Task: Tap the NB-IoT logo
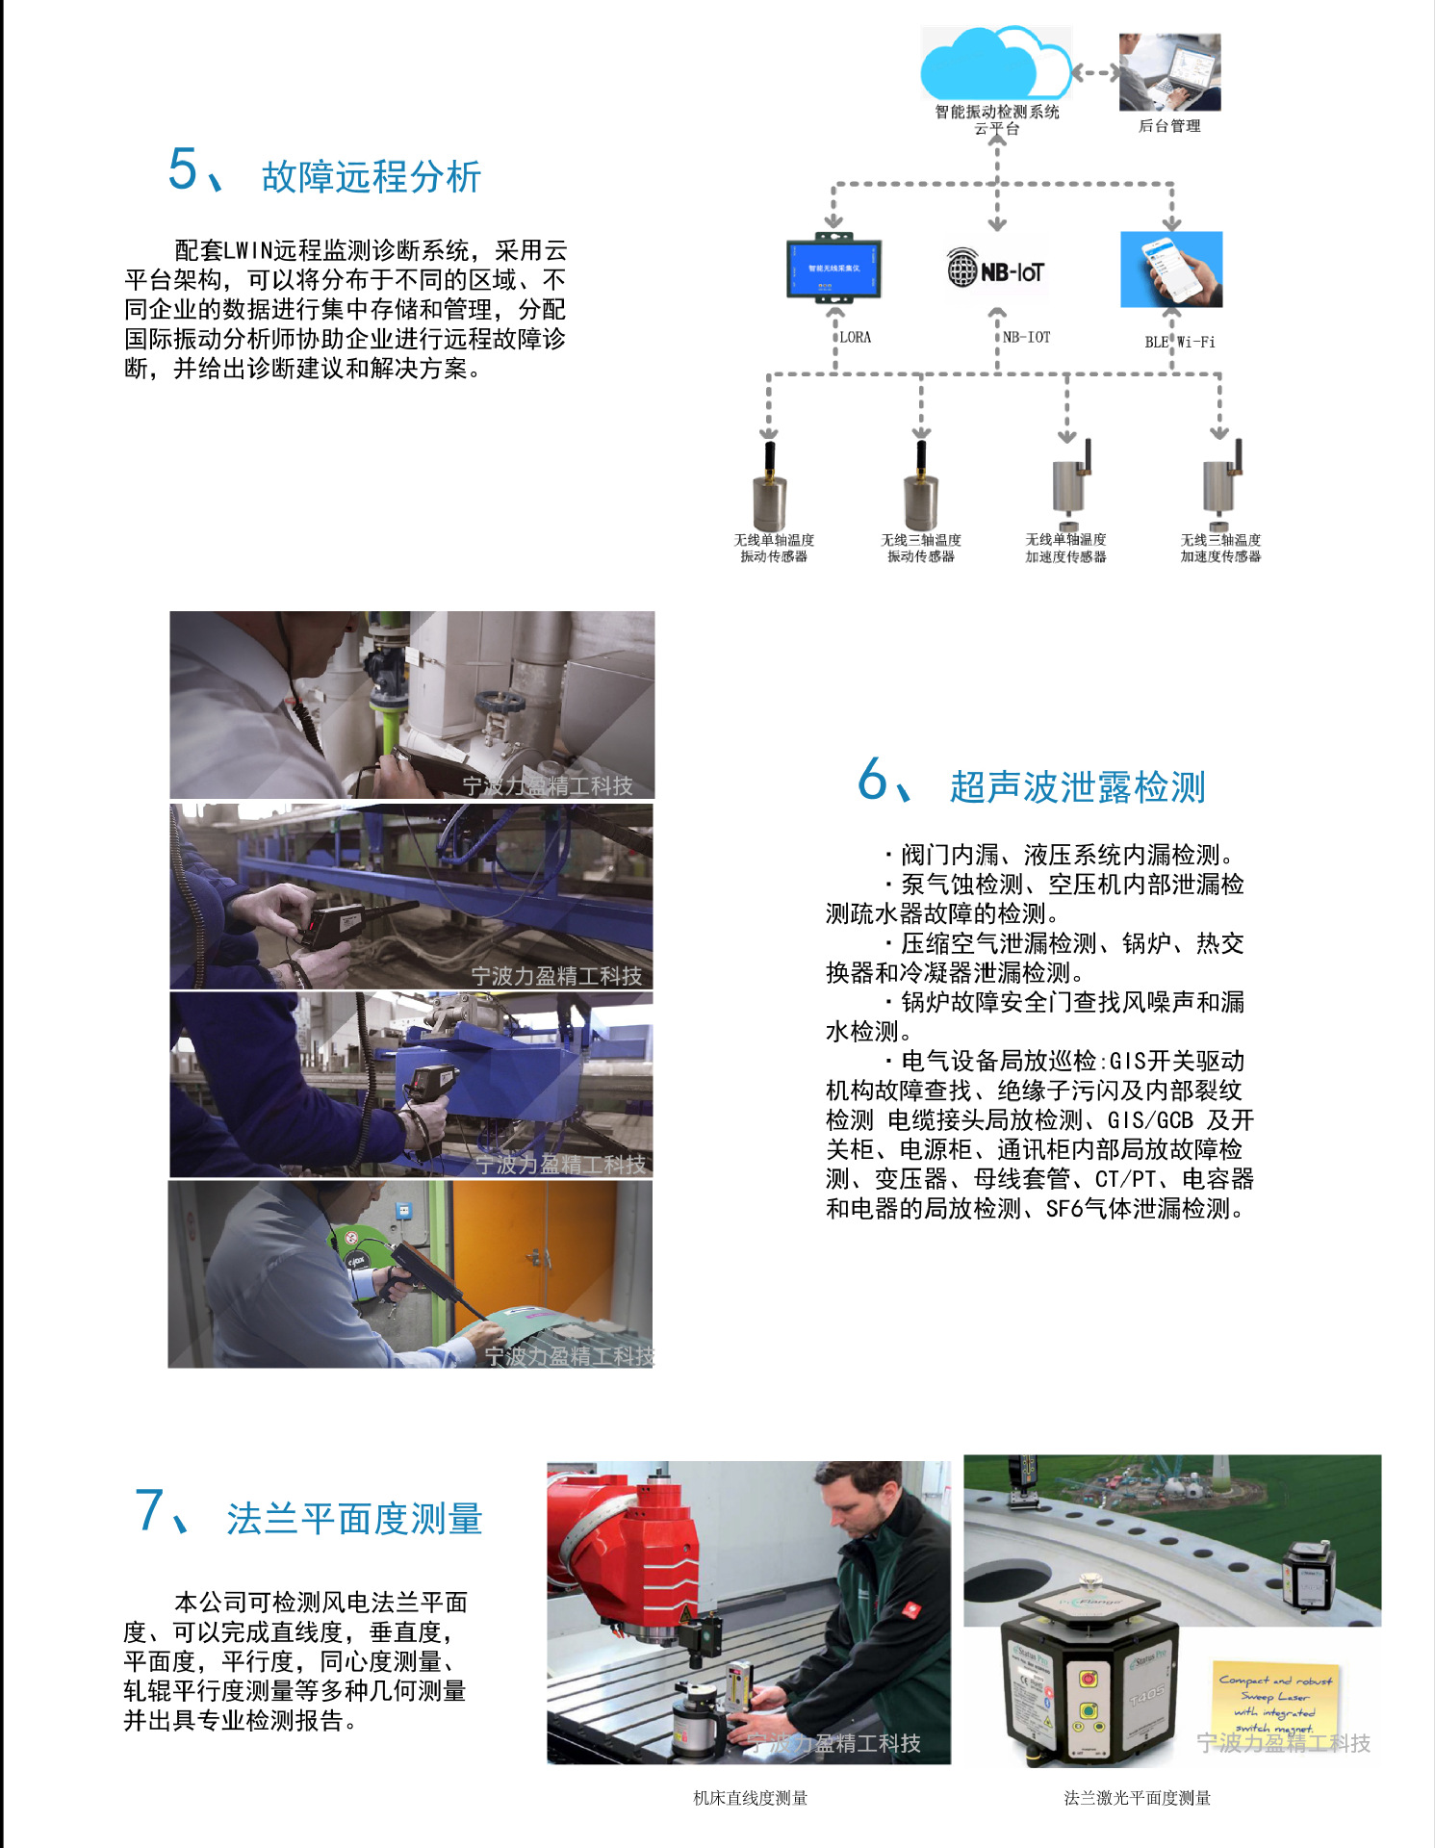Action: point(996,270)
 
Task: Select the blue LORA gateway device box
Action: point(833,269)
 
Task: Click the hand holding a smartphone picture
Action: point(1171,269)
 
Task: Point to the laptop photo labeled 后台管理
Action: point(1169,73)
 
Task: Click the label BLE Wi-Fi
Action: point(1179,342)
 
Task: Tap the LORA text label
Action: point(855,337)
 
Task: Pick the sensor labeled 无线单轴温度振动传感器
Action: point(769,486)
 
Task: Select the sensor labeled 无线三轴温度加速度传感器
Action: point(1220,481)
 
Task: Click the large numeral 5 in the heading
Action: point(183,169)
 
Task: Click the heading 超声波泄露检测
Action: point(1077,786)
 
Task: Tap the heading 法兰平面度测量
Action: point(354,1519)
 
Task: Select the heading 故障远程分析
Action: point(371,177)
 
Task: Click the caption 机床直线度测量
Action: point(750,1798)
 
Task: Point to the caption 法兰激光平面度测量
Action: point(1137,1798)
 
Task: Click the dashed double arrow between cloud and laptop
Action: point(1095,72)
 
